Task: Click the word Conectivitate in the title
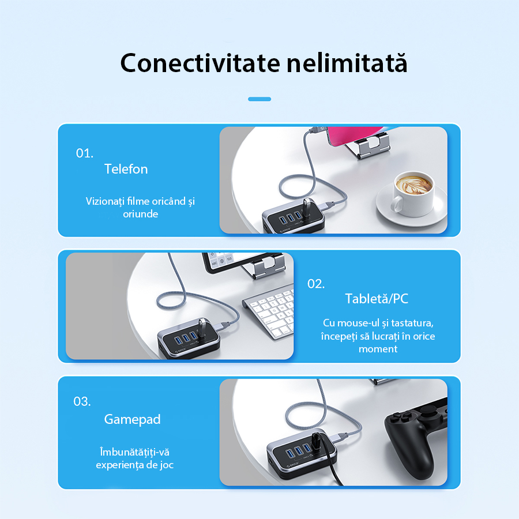[200, 62]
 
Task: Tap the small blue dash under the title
[259, 99]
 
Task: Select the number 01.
[84, 153]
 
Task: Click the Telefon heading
[126, 169]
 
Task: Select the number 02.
[316, 284]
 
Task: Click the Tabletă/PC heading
[377, 299]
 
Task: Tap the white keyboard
[269, 314]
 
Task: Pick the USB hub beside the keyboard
[189, 339]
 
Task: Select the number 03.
[82, 401]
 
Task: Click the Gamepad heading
[132, 420]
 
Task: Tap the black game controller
[416, 437]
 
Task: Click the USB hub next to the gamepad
[302, 456]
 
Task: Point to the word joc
[167, 465]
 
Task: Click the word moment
[378, 349]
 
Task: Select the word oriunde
[140, 214]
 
